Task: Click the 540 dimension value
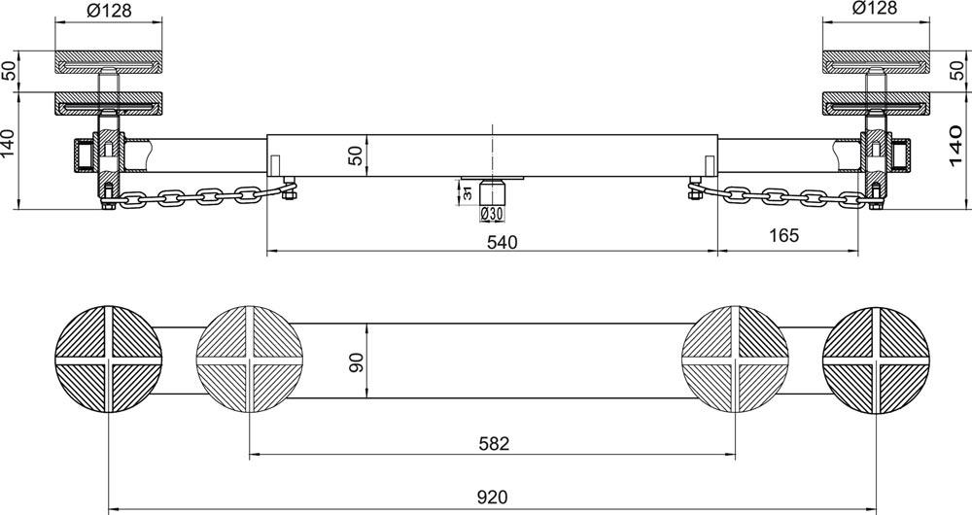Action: (x=502, y=242)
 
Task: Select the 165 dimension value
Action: (x=784, y=235)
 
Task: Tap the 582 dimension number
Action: (x=494, y=444)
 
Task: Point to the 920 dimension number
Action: (x=493, y=498)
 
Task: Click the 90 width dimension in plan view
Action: (x=357, y=361)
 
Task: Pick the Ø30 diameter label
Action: (x=492, y=215)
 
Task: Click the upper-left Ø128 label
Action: (x=109, y=10)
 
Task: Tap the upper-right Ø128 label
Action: (x=875, y=8)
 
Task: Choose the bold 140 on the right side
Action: (x=955, y=147)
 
